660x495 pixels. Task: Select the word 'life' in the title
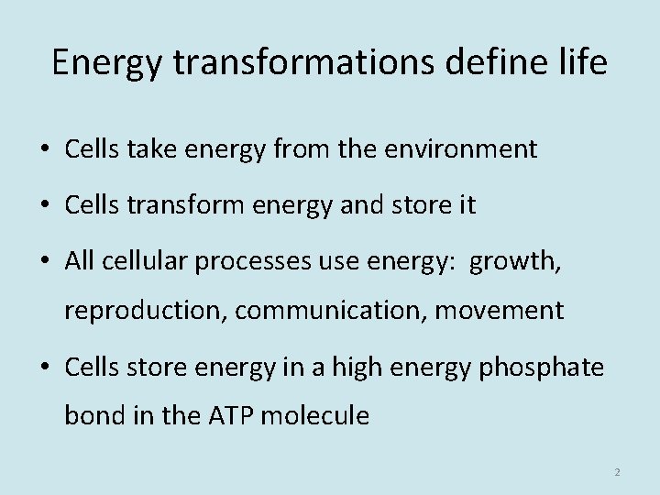584,63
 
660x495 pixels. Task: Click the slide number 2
617,472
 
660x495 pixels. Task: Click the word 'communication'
331,311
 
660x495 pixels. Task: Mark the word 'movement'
500,311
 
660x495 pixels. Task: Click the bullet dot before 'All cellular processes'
47,263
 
